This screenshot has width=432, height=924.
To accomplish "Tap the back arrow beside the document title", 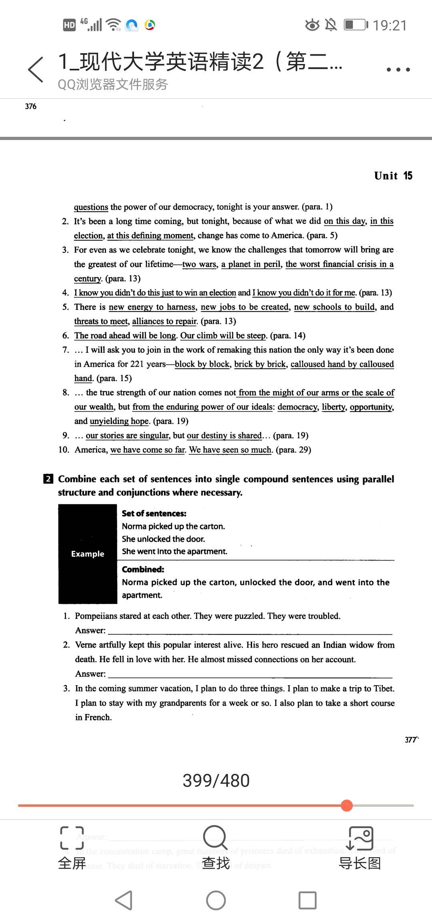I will click(36, 70).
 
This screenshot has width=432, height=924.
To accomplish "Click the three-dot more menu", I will click(398, 70).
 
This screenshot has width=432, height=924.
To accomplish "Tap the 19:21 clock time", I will click(390, 26).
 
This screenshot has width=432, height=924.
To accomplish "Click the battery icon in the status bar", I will click(355, 25).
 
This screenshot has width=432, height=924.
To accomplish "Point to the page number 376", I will click(30, 106).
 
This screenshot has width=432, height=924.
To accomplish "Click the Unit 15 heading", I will click(393, 176).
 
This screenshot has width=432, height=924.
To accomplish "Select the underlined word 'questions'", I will click(91, 207).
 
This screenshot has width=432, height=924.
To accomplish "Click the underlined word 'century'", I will click(88, 278).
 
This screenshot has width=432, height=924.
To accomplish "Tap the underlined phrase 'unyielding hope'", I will click(119, 421).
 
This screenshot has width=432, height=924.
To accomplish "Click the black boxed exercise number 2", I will click(48, 479).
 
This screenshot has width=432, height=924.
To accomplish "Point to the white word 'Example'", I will click(88, 554).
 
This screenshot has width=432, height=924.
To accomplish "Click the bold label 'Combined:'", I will click(143, 569).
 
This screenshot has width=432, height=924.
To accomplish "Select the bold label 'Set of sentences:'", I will click(154, 514).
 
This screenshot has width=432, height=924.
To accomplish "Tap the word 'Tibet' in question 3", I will click(383, 688).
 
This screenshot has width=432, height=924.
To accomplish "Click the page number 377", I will click(411, 740).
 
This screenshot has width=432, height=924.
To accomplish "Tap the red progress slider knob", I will click(347, 805).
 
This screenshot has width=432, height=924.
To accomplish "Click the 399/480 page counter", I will click(216, 780).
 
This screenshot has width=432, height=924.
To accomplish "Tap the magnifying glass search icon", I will click(215, 837).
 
